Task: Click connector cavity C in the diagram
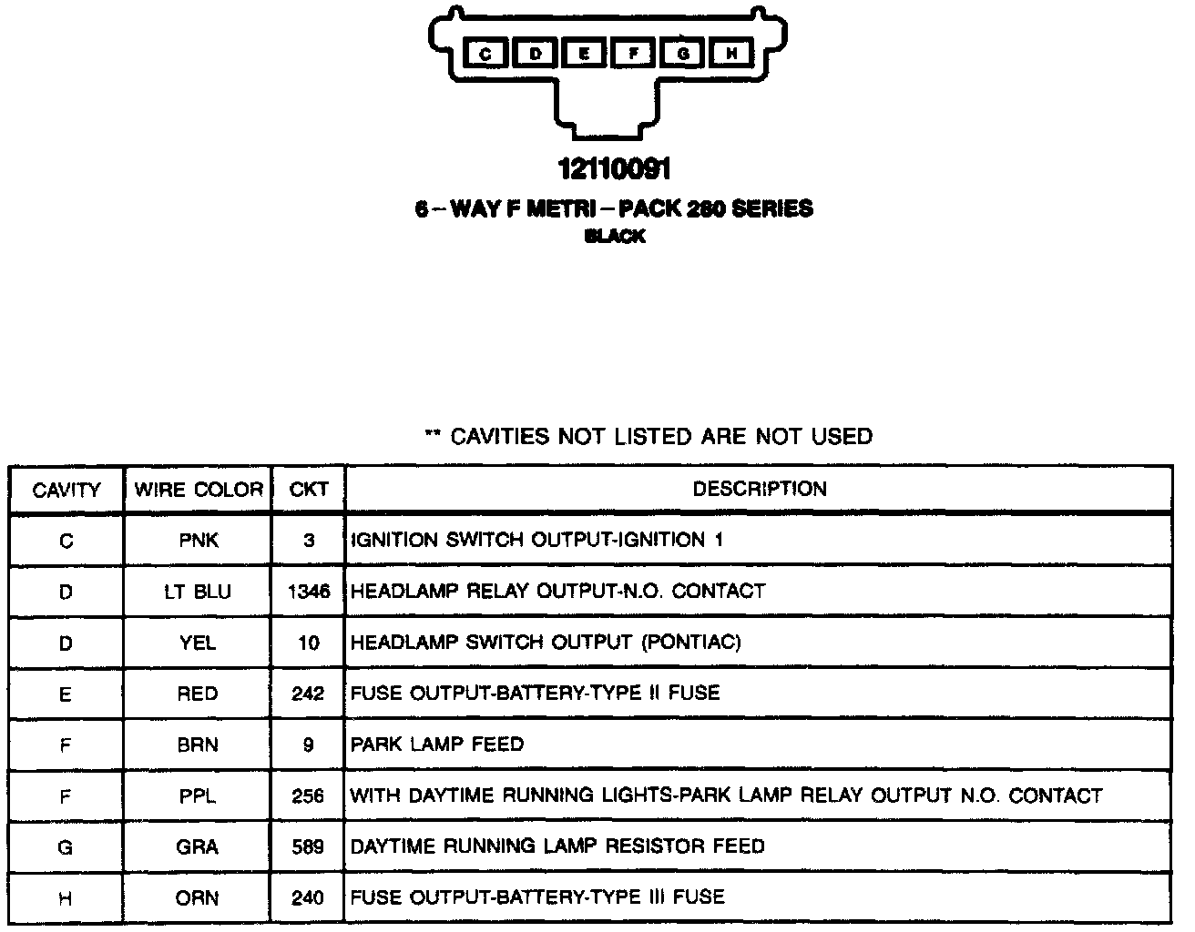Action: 485,55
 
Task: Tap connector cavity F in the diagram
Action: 633,55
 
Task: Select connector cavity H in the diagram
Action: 730,55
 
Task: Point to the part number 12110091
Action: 615,169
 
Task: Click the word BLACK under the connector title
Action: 615,237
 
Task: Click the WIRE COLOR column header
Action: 198,490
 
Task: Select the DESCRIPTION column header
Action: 759,489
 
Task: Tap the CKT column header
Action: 308,490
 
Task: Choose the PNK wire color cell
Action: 198,541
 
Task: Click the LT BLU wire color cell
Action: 198,592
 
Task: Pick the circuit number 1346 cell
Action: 308,592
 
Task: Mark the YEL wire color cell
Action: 198,643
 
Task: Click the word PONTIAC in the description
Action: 691,643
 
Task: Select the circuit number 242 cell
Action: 308,694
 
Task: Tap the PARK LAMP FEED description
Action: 437,745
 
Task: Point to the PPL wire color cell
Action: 198,795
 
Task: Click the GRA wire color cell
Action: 198,846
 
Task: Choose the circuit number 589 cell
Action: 308,846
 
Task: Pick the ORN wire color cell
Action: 198,897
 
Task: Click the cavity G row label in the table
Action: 66,846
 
